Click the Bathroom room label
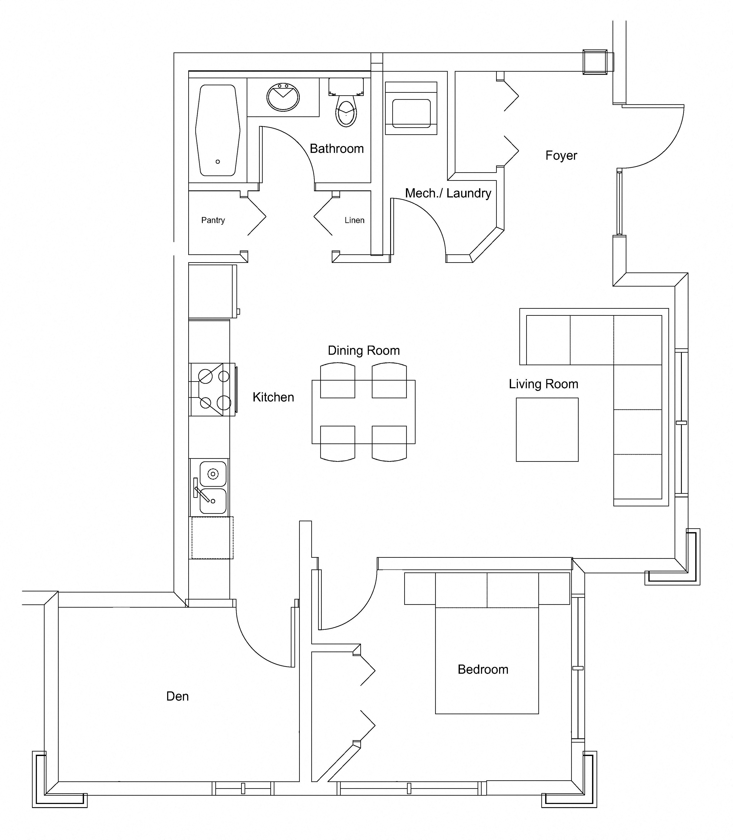(337, 148)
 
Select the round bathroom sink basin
(283, 97)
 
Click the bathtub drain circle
(218, 162)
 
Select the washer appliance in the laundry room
(411, 108)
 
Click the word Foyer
(561, 155)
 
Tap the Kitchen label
(273, 397)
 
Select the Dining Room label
(364, 350)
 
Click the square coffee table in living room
(547, 429)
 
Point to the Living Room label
(543, 384)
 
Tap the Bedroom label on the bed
(483, 669)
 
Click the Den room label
(178, 697)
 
